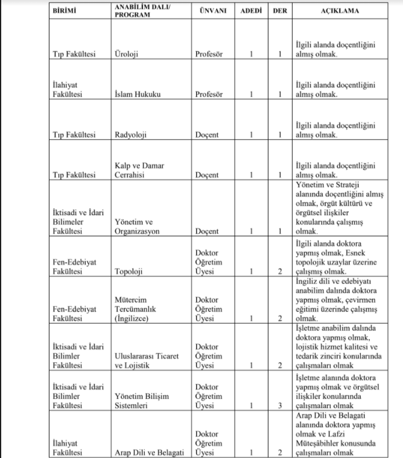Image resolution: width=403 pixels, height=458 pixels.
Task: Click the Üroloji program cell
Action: click(x=127, y=54)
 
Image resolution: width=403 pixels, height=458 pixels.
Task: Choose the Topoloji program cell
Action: click(x=129, y=271)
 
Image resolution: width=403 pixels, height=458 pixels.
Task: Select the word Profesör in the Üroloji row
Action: click(x=209, y=54)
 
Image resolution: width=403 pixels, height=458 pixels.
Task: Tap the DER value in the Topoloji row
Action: click(x=280, y=271)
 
